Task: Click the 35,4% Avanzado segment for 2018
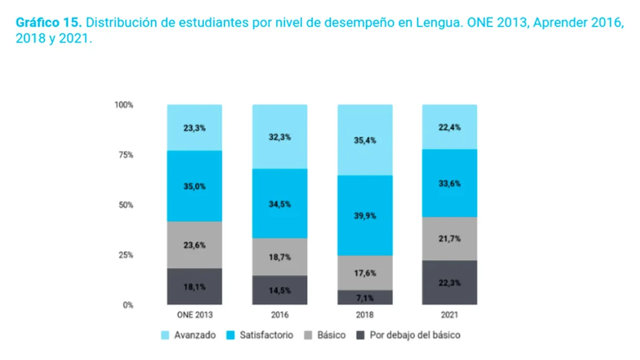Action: [365, 140]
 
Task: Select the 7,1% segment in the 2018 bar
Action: [365, 297]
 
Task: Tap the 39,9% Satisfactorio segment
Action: [365, 215]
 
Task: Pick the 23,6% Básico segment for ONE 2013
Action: [194, 245]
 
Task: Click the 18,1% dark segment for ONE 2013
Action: [194, 286]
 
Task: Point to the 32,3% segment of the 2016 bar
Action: [279, 137]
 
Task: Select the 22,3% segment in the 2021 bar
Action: [450, 283]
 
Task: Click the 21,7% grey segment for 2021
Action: [450, 239]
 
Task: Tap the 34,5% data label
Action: [279, 204]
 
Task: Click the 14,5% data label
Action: [279, 290]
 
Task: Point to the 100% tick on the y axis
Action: [124, 105]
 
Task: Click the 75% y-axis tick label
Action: [125, 155]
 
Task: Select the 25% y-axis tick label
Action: [125, 255]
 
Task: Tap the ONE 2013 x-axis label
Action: [194, 315]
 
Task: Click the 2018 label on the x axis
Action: [365, 315]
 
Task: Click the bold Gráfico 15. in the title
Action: [48, 23]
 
